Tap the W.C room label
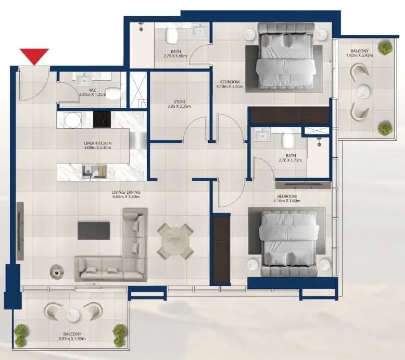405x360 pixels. pos(93,90)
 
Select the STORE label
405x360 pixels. pos(180,102)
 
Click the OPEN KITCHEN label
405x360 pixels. pos(98,143)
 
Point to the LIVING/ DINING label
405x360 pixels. pos(126,192)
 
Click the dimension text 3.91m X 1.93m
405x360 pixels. pos(72,339)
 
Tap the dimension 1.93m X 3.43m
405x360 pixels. pos(360,55)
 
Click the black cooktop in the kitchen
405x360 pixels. pos(102,119)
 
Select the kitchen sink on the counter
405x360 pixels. pos(88,171)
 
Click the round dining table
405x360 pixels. pos(175,241)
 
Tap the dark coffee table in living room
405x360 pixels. pos(94,230)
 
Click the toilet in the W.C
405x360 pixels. pos(113,93)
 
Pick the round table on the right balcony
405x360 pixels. pos(364,92)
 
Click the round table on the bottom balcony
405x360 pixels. pos(73,316)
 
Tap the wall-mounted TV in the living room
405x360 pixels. pos(20,231)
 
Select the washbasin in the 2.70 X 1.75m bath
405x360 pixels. pos(262,135)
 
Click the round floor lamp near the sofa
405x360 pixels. pos(57,271)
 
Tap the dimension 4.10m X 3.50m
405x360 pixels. pos(230,86)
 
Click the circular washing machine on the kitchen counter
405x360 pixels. pos(72,120)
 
